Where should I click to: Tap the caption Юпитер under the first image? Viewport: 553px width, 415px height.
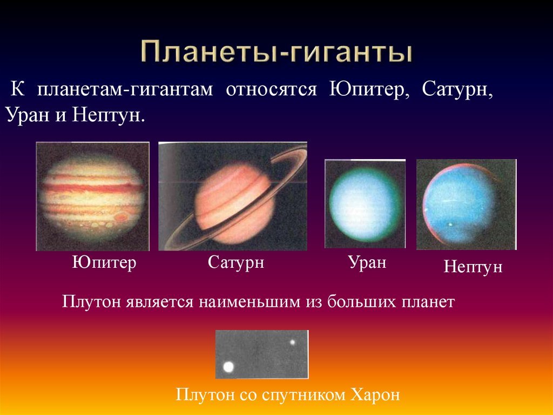(104, 263)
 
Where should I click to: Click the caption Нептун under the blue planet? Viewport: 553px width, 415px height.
(473, 267)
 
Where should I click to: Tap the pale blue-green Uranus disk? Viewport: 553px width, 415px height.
(365, 205)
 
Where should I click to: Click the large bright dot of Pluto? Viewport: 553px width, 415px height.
(228, 367)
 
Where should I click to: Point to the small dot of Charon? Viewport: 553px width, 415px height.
(292, 342)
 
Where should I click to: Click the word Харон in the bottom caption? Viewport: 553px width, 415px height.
(375, 394)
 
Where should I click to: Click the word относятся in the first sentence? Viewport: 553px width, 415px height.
(271, 90)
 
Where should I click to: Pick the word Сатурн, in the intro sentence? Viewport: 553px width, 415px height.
(457, 90)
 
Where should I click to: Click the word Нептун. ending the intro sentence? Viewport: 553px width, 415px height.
(109, 115)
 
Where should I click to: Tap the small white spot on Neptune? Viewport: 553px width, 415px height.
(450, 224)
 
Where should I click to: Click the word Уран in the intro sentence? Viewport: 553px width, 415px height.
(28, 115)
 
